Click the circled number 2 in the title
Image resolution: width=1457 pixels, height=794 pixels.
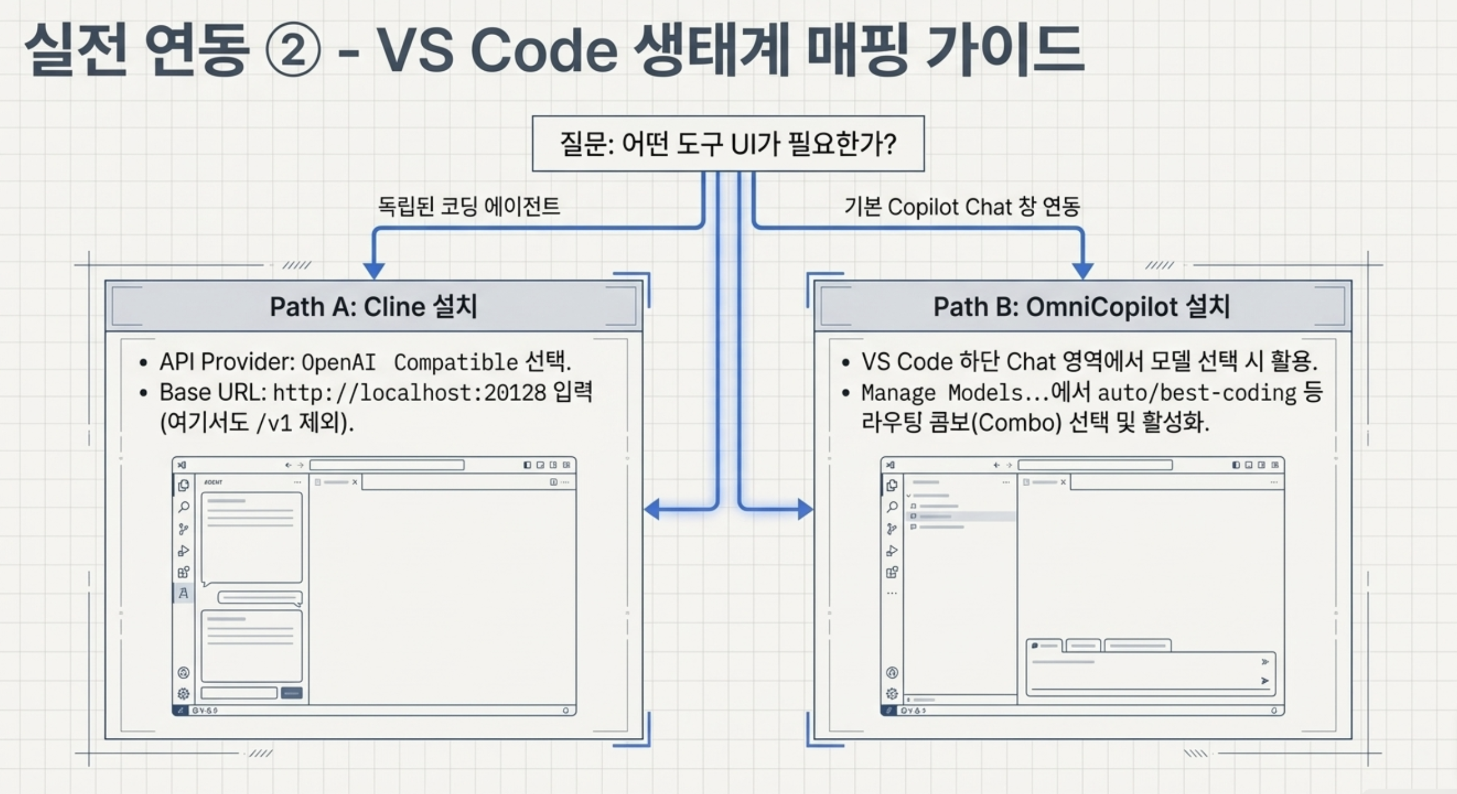coord(293,49)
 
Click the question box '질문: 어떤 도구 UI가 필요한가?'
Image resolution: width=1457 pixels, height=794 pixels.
coord(728,143)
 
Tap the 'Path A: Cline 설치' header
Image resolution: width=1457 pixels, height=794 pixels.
coord(374,306)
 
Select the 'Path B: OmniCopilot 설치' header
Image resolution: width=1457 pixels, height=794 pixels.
coord(1082,306)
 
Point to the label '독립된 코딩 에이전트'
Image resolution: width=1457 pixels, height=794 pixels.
coord(468,206)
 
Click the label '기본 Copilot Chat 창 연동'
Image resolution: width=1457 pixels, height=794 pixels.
coord(962,207)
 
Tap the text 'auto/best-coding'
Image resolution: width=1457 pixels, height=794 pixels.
coord(1197,392)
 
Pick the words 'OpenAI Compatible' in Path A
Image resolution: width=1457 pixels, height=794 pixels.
coord(409,362)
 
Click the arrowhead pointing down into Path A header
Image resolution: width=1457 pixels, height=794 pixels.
coord(374,270)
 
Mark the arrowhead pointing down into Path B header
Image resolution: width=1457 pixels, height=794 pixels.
coord(1083,270)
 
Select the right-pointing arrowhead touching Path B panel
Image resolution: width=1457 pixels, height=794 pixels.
coord(805,509)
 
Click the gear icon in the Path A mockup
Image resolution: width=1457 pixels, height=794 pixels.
coord(183,694)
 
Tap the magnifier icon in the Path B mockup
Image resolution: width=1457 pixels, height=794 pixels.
coord(892,507)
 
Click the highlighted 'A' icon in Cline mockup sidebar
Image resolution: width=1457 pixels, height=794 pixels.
coord(183,593)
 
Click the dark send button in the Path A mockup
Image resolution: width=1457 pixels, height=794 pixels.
coord(292,693)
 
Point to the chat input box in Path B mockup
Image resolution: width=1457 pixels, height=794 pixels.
coord(1151,673)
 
